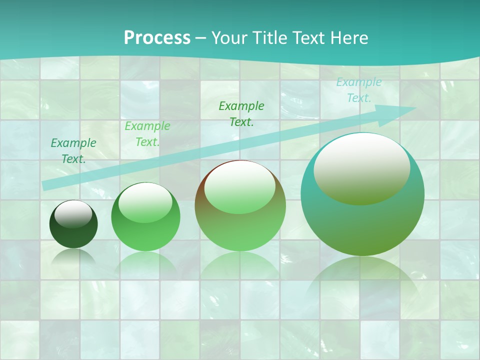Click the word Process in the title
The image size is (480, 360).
pos(157,38)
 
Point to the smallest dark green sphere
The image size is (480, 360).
pos(73,224)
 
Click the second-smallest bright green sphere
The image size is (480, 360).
pos(145,216)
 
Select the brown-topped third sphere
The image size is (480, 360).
pos(240,206)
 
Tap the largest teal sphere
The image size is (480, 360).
pos(362,194)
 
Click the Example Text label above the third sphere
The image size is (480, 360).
pos(241,114)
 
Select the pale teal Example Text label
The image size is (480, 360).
pos(359,90)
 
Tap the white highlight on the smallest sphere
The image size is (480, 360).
pos(73,214)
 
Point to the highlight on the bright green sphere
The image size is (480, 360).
pos(145,202)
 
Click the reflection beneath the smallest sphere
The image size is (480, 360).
pos(73,257)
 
